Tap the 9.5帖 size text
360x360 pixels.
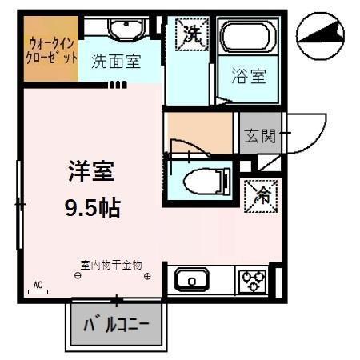92,209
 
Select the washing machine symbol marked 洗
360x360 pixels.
192,34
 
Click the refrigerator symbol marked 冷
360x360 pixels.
260,193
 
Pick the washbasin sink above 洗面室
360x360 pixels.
123,30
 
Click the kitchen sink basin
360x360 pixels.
192,281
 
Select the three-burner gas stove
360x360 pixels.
254,281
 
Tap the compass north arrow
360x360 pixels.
321,34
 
